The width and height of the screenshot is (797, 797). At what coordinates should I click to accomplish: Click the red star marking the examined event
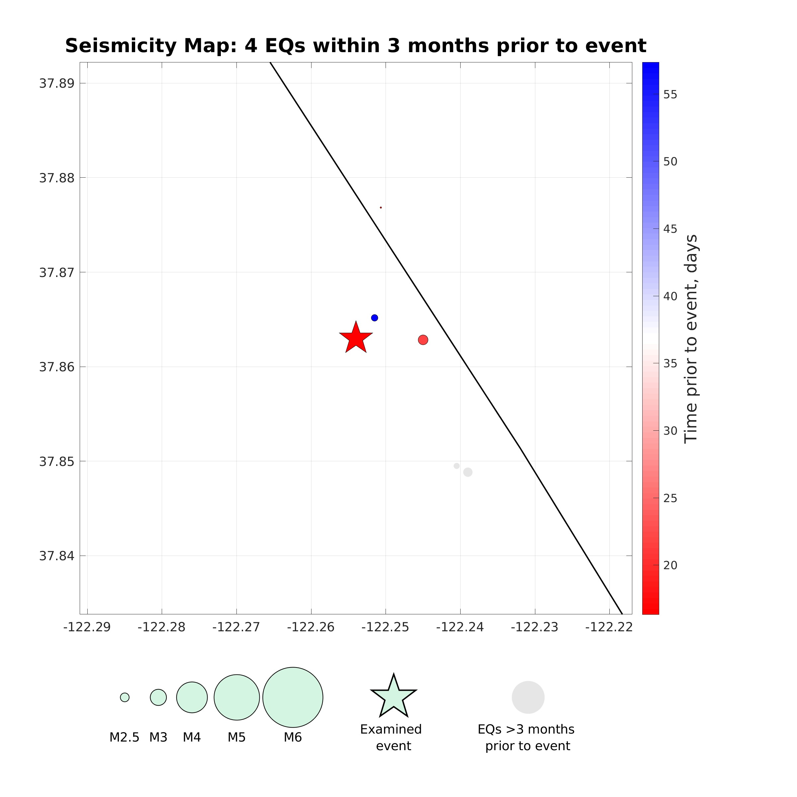click(x=356, y=338)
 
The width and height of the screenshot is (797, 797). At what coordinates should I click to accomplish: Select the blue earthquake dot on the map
click(x=375, y=318)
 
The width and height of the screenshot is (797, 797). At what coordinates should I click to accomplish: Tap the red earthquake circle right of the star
click(x=423, y=340)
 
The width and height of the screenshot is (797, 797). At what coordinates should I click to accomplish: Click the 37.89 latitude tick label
click(x=57, y=83)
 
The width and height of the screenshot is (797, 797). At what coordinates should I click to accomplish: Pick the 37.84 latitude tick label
click(x=57, y=556)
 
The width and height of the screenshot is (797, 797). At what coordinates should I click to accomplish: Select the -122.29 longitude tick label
click(x=87, y=627)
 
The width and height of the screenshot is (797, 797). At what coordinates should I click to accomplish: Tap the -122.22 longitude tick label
click(x=609, y=627)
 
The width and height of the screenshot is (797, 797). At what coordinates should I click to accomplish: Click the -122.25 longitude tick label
click(x=385, y=627)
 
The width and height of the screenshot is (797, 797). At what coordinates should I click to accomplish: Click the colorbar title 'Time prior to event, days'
click(x=691, y=338)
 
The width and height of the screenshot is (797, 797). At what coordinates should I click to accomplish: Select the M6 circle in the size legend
click(x=293, y=697)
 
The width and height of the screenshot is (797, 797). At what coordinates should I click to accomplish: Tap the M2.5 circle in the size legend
click(x=125, y=697)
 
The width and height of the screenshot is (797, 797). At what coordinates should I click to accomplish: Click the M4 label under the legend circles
click(x=192, y=737)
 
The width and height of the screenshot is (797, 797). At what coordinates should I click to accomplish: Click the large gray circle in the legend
click(x=528, y=697)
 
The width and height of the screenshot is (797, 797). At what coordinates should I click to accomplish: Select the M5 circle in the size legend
click(x=237, y=697)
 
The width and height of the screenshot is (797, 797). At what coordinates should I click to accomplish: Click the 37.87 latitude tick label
click(x=57, y=272)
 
